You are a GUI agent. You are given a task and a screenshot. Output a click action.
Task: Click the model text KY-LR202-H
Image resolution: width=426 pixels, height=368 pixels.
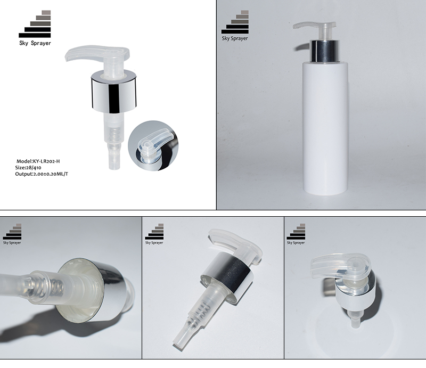[x=51, y=160]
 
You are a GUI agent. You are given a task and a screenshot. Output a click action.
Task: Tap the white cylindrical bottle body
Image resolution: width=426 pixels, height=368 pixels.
[x=325, y=128]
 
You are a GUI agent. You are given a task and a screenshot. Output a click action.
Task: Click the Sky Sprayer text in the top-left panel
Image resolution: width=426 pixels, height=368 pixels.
[x=35, y=43]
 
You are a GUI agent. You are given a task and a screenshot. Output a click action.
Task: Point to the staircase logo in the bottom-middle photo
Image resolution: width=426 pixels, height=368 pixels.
[x=155, y=234]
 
